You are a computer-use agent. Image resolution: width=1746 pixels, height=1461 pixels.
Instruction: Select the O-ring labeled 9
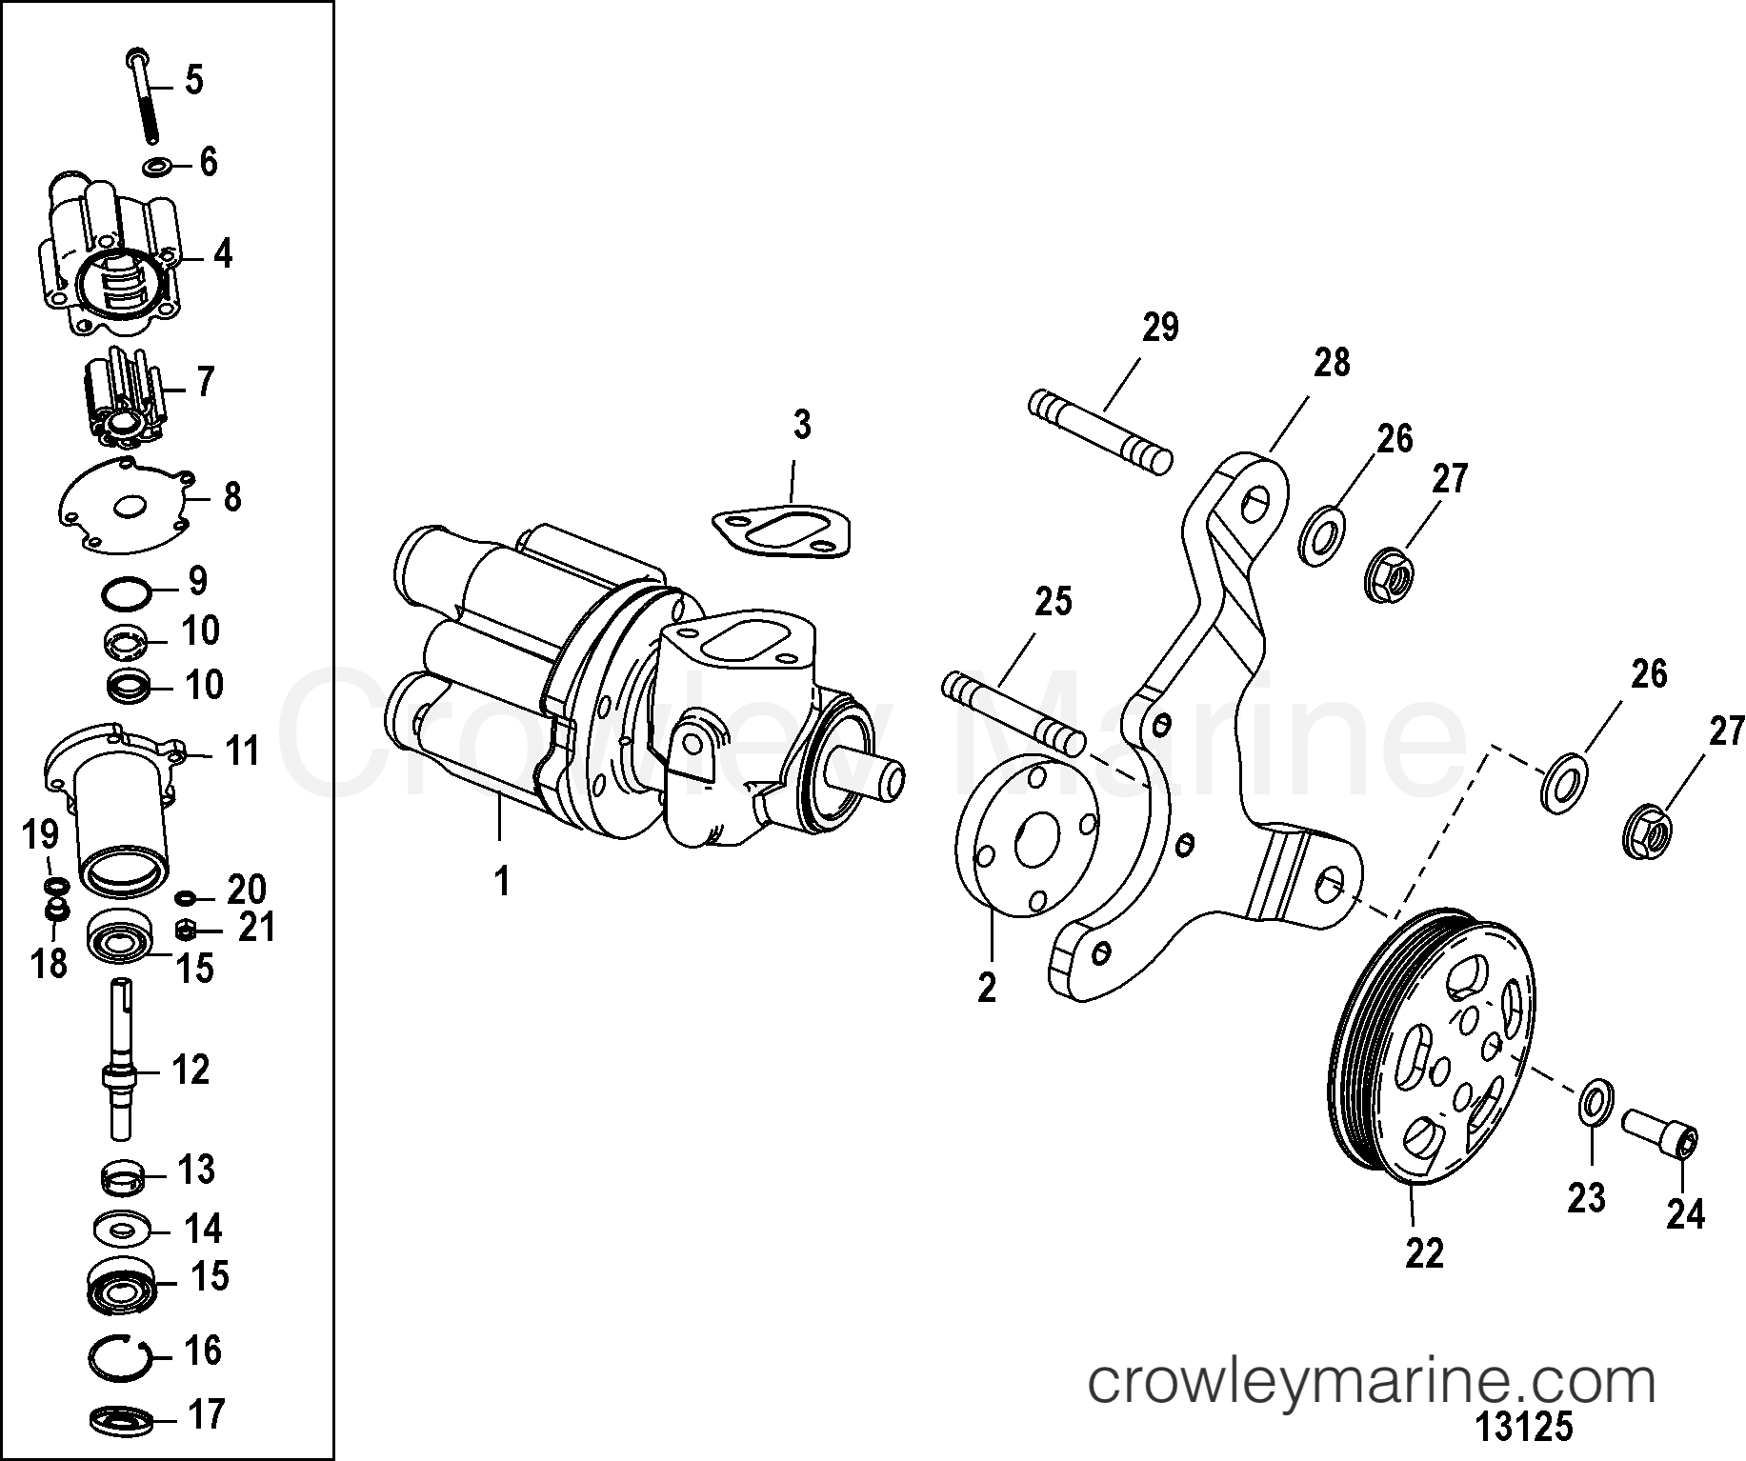(x=125, y=594)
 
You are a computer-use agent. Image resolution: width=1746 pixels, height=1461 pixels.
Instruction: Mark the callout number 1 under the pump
(x=501, y=882)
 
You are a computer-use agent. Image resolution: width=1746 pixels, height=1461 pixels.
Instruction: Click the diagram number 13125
(x=1523, y=1429)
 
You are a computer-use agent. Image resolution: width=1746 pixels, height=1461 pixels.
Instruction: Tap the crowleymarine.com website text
(x=1371, y=1382)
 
